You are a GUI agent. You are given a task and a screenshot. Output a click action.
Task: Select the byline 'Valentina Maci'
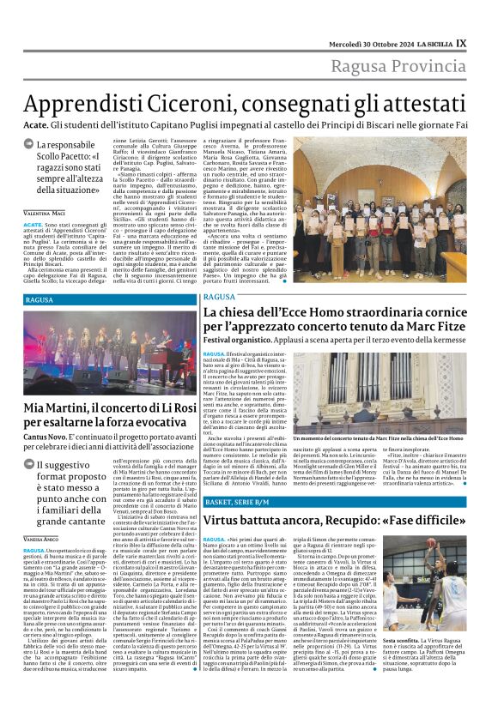[x=46, y=212]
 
